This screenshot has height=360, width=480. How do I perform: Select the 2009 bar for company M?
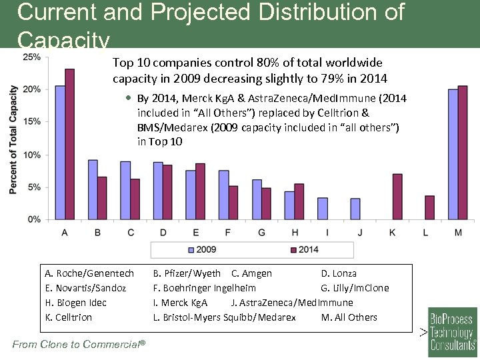click(x=453, y=154)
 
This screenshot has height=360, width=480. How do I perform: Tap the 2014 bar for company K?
click(x=397, y=196)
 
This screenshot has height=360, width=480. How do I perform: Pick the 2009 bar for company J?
click(x=355, y=209)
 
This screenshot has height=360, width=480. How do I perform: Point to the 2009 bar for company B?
click(x=93, y=189)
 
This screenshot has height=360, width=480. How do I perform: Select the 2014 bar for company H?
click(x=299, y=201)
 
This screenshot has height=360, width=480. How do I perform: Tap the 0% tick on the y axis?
click(x=34, y=219)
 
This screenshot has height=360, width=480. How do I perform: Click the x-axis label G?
click(x=261, y=232)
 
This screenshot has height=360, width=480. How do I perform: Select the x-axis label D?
click(x=163, y=232)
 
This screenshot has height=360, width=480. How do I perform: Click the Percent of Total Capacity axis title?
click(x=13, y=140)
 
